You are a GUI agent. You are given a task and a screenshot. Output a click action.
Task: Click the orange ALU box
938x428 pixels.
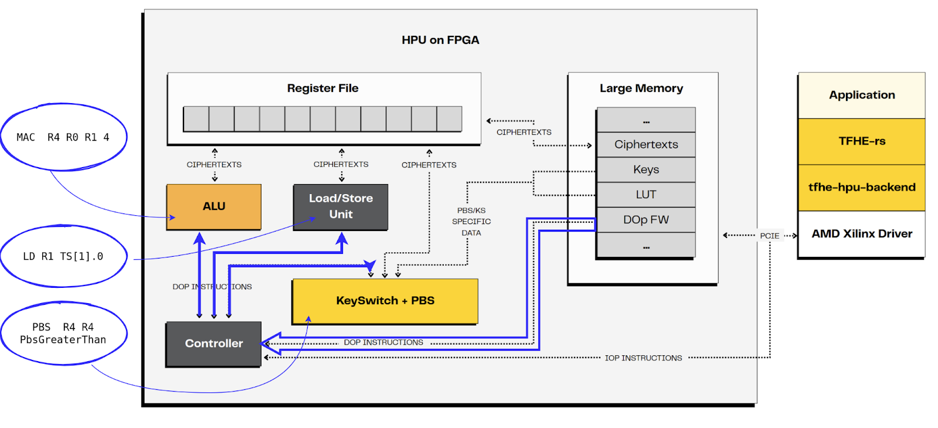pyautogui.click(x=213, y=206)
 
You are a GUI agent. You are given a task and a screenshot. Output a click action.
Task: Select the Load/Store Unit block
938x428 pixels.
pyautogui.click(x=341, y=206)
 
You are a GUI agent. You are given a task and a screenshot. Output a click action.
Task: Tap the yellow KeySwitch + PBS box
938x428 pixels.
pyautogui.click(x=385, y=301)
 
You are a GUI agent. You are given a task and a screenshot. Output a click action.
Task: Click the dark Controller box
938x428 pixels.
pyautogui.click(x=213, y=344)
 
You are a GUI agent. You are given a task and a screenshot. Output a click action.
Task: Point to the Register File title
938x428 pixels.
pyautogui.click(x=322, y=89)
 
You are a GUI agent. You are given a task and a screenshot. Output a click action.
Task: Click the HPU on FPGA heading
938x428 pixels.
pyautogui.click(x=440, y=40)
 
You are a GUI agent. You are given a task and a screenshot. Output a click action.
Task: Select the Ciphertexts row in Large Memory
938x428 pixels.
pyautogui.click(x=646, y=144)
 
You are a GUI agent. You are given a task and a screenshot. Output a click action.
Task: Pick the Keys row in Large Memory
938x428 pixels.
pyautogui.click(x=646, y=169)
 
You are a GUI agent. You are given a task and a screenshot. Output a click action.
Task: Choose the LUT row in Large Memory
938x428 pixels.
pyautogui.click(x=646, y=195)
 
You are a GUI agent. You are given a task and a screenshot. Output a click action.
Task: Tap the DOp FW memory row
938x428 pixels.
pyautogui.click(x=646, y=220)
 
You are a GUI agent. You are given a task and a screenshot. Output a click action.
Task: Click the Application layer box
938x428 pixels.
pyautogui.click(x=862, y=95)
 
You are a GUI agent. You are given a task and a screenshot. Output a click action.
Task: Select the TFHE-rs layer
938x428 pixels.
pyautogui.click(x=862, y=141)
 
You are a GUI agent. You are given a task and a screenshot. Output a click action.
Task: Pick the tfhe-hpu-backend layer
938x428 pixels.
pyautogui.click(x=862, y=188)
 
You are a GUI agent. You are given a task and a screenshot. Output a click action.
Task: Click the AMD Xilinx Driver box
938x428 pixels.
pyautogui.click(x=862, y=234)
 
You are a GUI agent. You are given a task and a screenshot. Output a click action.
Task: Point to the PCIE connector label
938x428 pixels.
pyautogui.click(x=769, y=236)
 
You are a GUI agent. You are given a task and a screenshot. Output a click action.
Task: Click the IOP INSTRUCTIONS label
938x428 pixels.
pyautogui.click(x=643, y=358)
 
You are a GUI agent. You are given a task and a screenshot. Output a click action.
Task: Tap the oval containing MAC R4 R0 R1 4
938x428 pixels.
pyautogui.click(x=63, y=137)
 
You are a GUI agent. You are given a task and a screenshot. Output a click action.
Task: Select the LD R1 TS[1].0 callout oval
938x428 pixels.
pyautogui.click(x=63, y=256)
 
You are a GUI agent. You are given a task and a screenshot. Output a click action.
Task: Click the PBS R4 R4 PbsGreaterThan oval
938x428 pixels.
pyautogui.click(x=63, y=333)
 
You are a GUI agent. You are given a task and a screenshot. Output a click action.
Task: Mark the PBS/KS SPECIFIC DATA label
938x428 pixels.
pyautogui.click(x=471, y=222)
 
